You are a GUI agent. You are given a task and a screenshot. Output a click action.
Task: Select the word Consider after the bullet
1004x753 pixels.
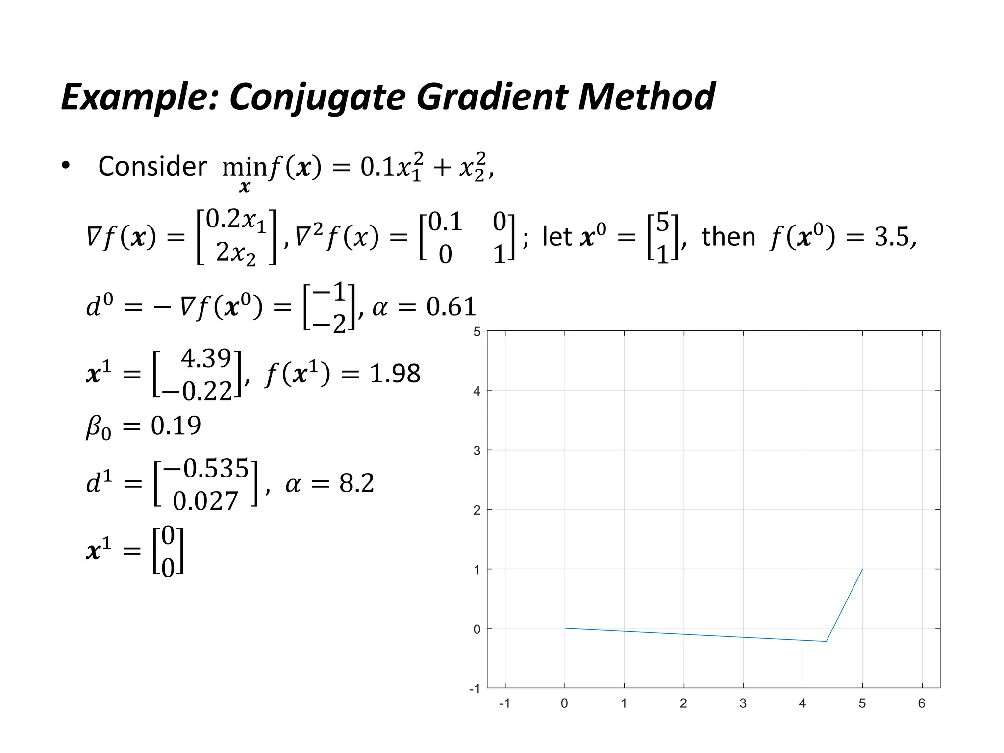click(152, 166)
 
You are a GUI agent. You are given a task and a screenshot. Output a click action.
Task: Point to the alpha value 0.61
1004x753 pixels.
click(451, 307)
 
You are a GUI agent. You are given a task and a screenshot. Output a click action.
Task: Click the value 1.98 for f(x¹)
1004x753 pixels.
click(395, 374)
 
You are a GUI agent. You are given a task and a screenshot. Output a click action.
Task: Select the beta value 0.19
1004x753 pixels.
click(176, 426)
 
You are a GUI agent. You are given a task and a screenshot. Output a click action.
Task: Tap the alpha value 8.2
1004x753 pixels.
click(356, 483)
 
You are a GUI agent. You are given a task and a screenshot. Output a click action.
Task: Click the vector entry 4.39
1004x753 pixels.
click(206, 358)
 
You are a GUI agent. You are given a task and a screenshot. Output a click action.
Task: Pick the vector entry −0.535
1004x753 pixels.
click(206, 468)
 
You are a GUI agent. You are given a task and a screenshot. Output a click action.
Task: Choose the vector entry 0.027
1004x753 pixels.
click(205, 501)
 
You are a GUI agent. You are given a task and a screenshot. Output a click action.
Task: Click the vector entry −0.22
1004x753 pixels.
click(197, 391)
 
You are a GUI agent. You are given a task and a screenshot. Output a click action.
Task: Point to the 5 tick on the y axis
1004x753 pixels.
click(477, 332)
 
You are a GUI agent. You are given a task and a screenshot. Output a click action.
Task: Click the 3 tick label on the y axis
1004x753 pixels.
click(477, 451)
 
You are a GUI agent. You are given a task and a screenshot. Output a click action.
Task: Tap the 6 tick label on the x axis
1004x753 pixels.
click(922, 703)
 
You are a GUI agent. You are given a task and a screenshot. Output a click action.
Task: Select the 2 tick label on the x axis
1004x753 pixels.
click(683, 703)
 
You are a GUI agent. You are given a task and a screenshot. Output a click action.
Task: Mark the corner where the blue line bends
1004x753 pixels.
click(826, 641)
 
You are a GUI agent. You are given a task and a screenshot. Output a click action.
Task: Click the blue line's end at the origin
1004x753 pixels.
click(565, 628)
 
